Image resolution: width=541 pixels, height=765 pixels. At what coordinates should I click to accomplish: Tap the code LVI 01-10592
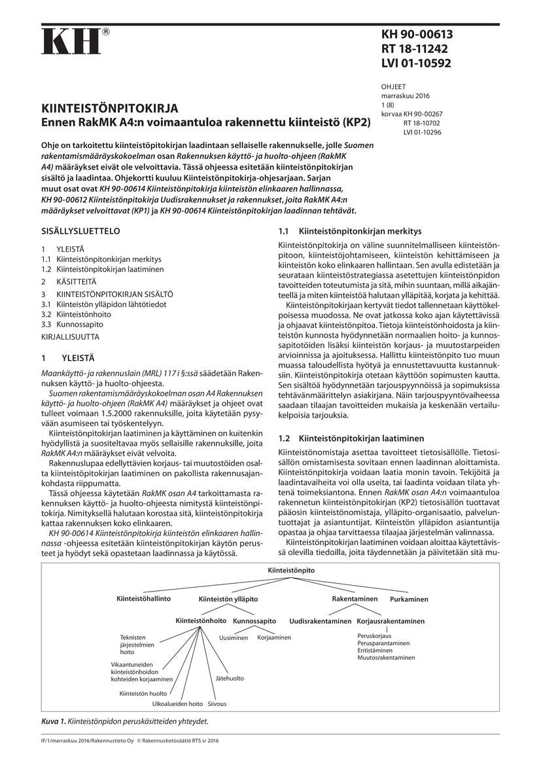point(416,63)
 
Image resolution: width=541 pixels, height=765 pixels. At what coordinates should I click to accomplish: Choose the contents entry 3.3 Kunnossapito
point(72,324)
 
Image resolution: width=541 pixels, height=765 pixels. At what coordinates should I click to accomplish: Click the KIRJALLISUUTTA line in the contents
point(70,336)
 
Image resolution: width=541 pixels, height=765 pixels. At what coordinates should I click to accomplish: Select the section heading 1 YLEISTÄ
point(68,358)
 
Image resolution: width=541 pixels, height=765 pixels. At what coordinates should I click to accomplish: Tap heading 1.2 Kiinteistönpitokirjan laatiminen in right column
point(351,438)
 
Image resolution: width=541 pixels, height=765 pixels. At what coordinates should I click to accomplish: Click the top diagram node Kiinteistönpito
point(291,571)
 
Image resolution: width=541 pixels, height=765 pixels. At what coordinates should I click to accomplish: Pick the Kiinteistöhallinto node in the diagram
point(143,599)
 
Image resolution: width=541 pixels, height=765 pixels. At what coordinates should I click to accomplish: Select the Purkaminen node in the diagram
point(409,599)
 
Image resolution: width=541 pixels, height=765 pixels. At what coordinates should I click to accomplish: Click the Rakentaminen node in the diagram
point(355,599)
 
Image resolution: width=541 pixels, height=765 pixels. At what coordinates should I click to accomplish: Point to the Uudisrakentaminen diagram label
point(320,621)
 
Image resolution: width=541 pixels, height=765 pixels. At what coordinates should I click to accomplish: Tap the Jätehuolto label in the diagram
point(230,679)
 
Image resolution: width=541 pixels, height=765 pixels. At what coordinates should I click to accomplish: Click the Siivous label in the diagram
point(217,704)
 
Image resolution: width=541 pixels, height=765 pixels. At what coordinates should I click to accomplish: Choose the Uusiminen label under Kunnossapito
point(234,637)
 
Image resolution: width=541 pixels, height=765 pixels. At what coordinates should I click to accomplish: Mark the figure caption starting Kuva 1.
point(125,721)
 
